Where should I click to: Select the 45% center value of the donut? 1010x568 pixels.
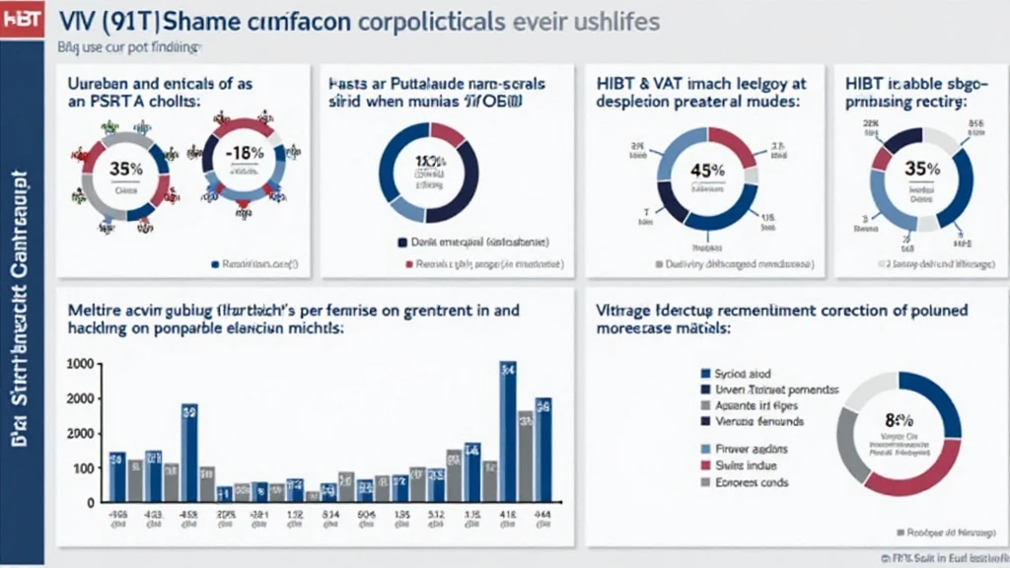click(708, 170)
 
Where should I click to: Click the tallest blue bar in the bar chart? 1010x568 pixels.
click(508, 432)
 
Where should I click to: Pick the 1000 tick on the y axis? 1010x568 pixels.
click(79, 364)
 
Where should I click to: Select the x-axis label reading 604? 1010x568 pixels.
click(366, 514)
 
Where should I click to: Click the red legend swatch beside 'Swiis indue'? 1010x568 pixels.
click(704, 465)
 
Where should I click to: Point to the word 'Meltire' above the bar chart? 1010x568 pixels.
click(95, 309)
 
